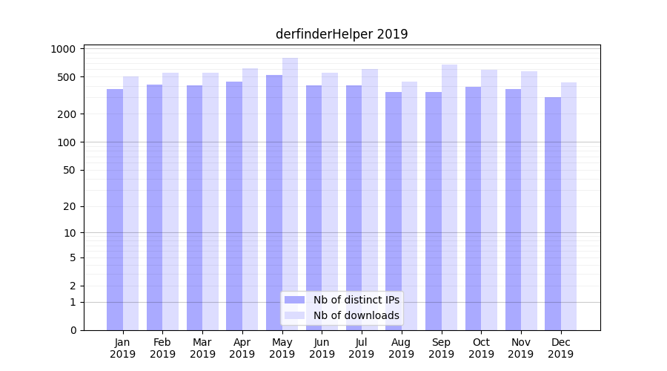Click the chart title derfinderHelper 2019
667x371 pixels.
pyautogui.click(x=342, y=34)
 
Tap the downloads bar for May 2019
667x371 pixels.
pyautogui.click(x=290, y=194)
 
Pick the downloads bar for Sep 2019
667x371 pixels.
pyautogui.click(x=449, y=197)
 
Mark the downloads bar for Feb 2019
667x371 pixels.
pyautogui.click(x=170, y=201)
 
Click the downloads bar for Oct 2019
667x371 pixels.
pyautogui.click(x=489, y=200)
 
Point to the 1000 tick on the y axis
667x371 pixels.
pyautogui.click(x=63, y=49)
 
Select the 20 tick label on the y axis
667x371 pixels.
pyautogui.click(x=69, y=207)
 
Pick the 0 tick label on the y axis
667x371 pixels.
pyautogui.click(x=73, y=330)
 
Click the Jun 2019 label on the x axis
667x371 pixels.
pyautogui.click(x=322, y=348)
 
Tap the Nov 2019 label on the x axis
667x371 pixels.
pyautogui.click(x=521, y=348)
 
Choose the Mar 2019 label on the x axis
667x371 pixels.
pyautogui.click(x=202, y=348)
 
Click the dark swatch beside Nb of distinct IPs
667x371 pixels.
pyautogui.click(x=295, y=300)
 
